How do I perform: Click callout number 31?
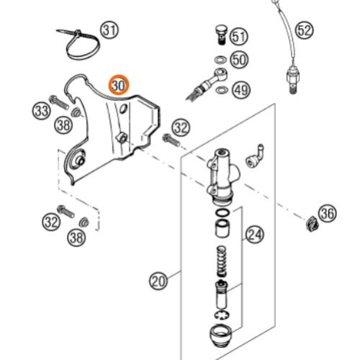click(109, 30)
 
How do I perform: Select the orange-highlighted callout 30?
click(119, 85)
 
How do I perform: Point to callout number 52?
click(305, 30)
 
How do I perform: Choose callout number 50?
click(239, 60)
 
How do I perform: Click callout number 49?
click(239, 89)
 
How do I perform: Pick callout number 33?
click(42, 110)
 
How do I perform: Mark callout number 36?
click(327, 213)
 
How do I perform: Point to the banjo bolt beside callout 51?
click(218, 33)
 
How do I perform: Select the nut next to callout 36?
click(310, 224)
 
